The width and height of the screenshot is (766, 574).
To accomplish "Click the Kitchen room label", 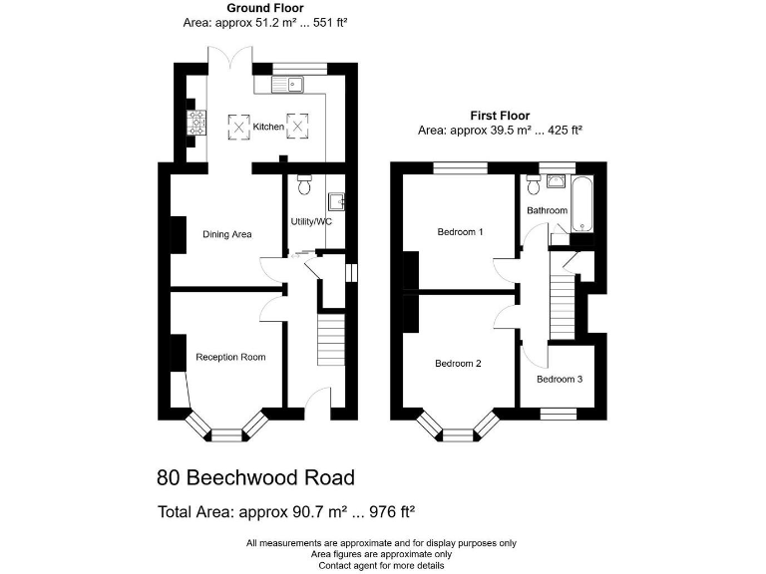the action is point(268,127).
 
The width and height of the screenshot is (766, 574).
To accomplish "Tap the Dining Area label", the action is point(227,234).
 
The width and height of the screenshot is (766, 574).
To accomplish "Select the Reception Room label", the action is point(230,357).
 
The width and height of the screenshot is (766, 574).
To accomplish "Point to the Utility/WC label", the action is point(311,221).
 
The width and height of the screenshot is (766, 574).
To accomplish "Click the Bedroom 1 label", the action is point(461,232).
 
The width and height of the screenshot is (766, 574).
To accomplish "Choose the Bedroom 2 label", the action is point(459,364).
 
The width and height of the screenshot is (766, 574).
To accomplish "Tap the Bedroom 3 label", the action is point(560,379).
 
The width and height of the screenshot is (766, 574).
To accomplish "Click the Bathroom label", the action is point(547,210).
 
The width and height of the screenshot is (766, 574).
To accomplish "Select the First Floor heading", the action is point(500,116).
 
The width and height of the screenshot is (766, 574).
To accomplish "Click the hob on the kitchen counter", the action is point(196,123).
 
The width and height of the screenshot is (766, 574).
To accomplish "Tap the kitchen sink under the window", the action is point(291,86).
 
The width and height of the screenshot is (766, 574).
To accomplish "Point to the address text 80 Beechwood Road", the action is point(255,478).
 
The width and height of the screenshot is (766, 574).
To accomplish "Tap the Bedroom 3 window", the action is point(559,411).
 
